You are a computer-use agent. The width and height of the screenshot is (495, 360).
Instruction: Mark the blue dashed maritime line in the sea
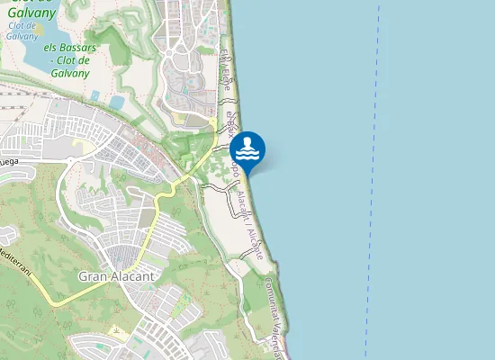pos(372,180)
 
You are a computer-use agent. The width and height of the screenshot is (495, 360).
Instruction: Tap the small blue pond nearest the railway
pos(95,94)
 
